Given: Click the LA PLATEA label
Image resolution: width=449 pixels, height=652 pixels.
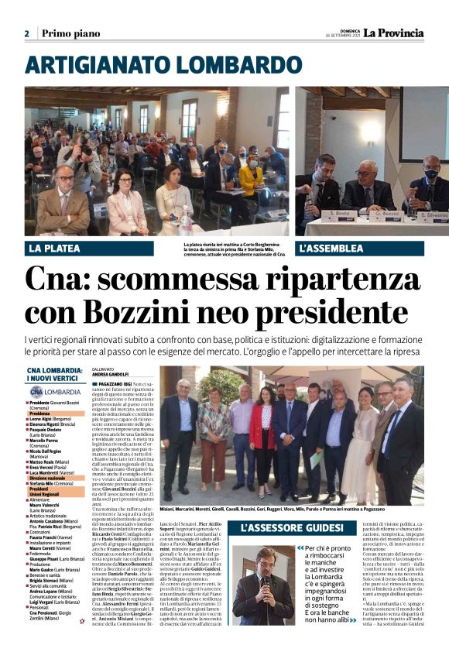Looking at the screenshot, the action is click(55, 249).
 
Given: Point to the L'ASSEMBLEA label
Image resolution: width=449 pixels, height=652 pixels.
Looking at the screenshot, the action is click(331, 249).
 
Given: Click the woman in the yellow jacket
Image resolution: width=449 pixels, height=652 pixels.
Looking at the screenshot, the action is click(250, 178).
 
